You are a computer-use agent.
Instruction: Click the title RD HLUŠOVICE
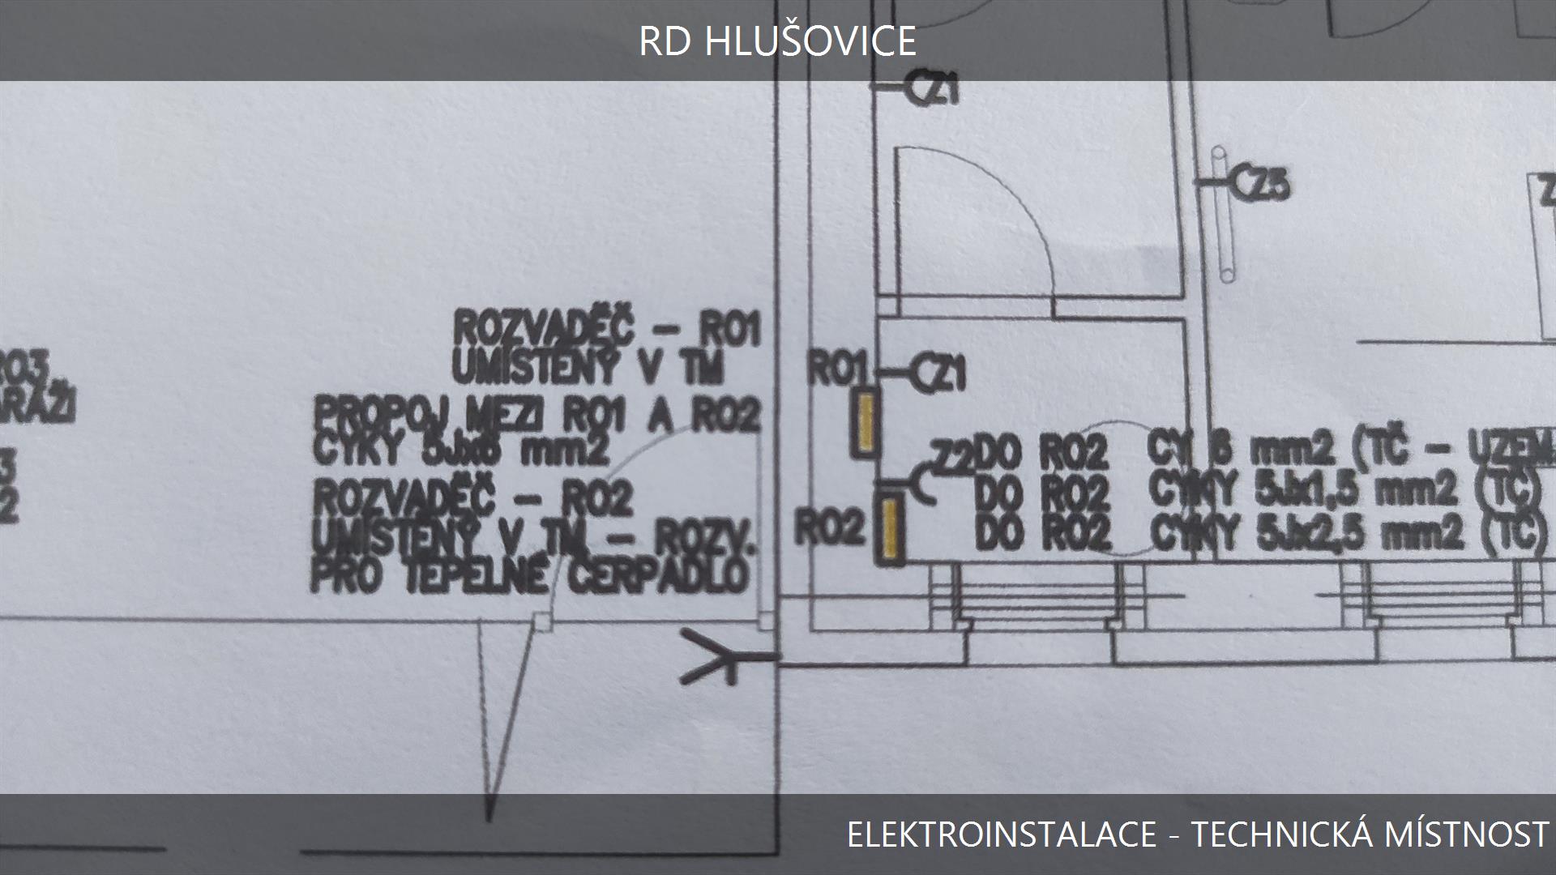[777, 41]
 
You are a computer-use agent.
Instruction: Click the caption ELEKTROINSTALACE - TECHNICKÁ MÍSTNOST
[1197, 834]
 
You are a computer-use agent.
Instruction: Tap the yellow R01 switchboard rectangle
[865, 420]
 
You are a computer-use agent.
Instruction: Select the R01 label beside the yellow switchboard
[838, 370]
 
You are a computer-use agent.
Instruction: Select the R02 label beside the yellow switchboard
[830, 530]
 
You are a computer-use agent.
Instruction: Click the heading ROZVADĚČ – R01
[607, 329]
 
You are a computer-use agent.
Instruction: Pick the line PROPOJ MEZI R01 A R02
[536, 416]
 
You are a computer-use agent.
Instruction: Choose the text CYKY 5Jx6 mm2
[460, 450]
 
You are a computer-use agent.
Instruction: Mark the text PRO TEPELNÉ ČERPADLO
[528, 577]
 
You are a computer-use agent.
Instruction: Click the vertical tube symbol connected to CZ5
[1223, 215]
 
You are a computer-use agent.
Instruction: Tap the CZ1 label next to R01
[940, 373]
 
